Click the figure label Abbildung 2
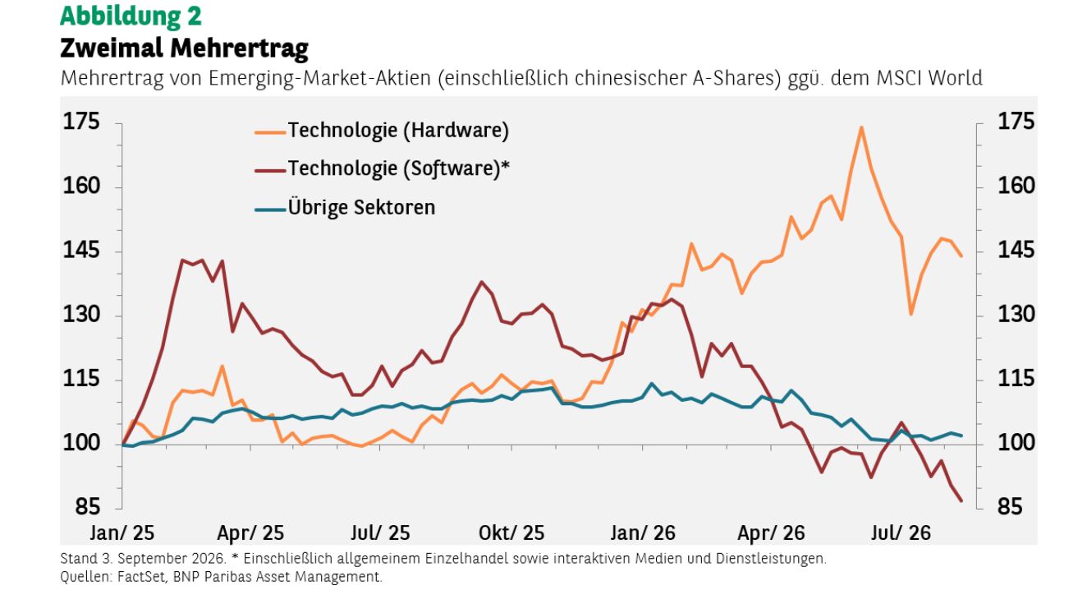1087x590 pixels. click(x=131, y=16)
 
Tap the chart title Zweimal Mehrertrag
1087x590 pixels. click(x=185, y=48)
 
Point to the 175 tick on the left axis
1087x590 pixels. click(x=81, y=122)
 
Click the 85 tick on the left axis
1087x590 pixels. click(x=87, y=507)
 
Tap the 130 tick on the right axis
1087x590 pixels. click(x=1016, y=315)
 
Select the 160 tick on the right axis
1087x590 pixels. click(x=1016, y=186)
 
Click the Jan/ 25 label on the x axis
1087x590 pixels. click(x=122, y=533)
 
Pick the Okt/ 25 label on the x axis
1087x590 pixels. click(x=511, y=533)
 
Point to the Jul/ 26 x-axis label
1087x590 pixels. click(x=901, y=533)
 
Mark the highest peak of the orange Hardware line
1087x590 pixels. click(x=861, y=127)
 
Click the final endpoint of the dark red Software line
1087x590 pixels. click(x=961, y=500)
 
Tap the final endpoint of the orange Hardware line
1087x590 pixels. click(x=961, y=256)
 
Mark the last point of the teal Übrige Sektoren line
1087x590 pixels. click(x=962, y=436)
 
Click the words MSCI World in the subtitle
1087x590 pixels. click(x=929, y=78)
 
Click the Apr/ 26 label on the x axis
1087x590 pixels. click(x=771, y=533)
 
